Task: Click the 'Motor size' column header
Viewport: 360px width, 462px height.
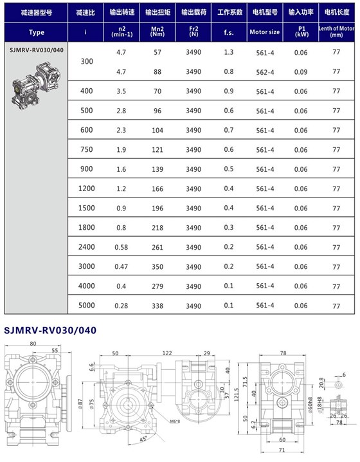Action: pos(265,32)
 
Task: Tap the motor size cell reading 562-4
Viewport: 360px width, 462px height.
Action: pos(265,71)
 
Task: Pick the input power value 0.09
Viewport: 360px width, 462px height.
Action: pos(301,71)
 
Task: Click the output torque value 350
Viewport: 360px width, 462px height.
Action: pos(156,266)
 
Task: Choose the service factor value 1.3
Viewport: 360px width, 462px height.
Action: pos(229,52)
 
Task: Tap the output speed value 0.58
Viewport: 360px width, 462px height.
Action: pos(120,247)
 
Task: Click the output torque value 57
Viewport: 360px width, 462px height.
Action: pos(156,52)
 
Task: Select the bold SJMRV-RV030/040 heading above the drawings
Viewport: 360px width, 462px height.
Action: pos(50,330)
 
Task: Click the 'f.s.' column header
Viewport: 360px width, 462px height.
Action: pos(229,32)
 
